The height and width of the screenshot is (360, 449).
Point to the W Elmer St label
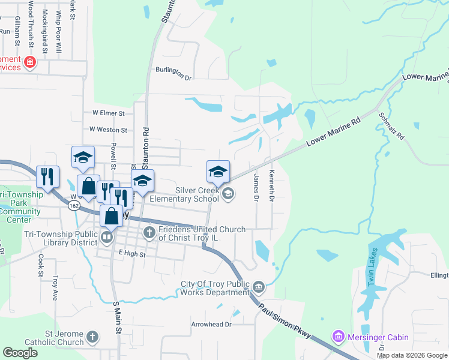108,113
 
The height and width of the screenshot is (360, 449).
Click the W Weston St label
108,130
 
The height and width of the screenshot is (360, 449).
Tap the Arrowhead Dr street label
211,324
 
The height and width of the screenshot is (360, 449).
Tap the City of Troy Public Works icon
259,286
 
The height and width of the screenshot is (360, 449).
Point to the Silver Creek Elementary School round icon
228,193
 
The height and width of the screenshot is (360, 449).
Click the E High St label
132,254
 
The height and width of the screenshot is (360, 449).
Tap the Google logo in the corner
20,353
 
